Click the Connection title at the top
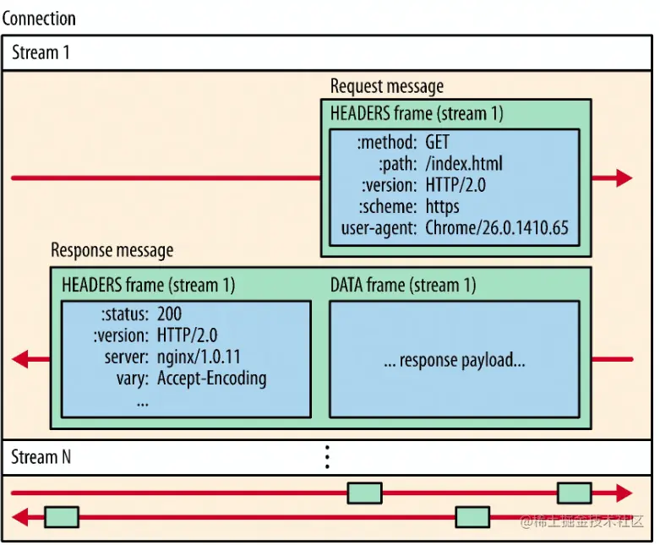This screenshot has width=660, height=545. (x=39, y=18)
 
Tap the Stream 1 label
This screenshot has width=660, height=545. (x=41, y=52)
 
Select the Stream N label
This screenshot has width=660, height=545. (x=41, y=457)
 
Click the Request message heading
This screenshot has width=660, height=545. (x=386, y=86)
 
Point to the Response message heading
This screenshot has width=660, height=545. (x=112, y=250)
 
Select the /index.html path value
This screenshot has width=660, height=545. (x=466, y=164)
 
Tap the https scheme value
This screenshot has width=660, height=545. (x=444, y=206)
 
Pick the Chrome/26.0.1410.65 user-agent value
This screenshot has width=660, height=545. (x=496, y=226)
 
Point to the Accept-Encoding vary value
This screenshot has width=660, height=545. (x=211, y=378)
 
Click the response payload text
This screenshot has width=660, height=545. (x=454, y=361)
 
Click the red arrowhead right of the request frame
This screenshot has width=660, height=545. (x=624, y=177)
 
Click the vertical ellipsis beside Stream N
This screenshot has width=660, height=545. (x=327, y=457)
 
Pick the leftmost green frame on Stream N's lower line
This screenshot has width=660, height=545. (x=61, y=516)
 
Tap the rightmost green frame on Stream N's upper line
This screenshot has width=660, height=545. (x=574, y=493)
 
